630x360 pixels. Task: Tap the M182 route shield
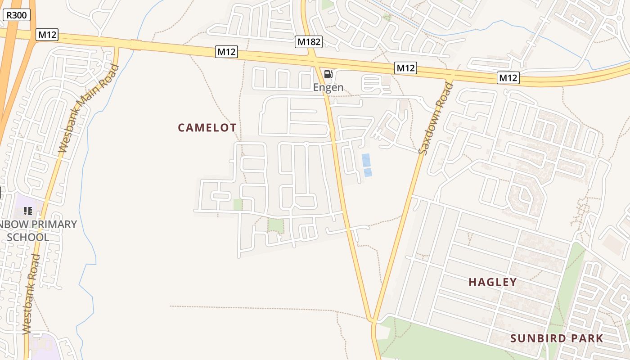[x=309, y=42]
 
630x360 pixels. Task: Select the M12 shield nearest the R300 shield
[x=48, y=35]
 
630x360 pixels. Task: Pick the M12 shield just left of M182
[x=226, y=52]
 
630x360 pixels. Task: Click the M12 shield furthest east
[x=508, y=77]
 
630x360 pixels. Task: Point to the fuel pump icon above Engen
[x=328, y=74]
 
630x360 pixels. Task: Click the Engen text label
[x=328, y=87]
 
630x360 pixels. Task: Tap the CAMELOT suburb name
[x=207, y=128]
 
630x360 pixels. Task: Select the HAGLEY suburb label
[x=493, y=282]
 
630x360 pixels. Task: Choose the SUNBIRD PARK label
[x=557, y=338]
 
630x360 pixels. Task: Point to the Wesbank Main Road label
[x=89, y=108]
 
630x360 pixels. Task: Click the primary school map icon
[x=28, y=211]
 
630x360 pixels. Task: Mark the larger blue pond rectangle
[x=366, y=160]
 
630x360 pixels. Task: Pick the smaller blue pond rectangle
[x=368, y=172]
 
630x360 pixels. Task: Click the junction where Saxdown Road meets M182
[x=373, y=320]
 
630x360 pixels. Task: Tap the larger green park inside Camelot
[x=276, y=225]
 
